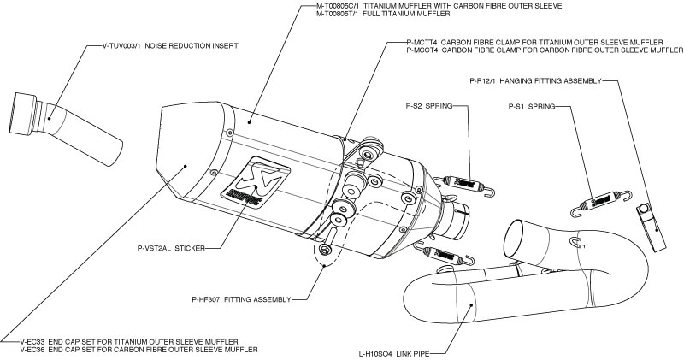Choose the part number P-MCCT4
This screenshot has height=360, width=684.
pyautogui.click(x=425, y=50)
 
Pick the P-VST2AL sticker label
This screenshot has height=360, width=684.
pyautogui.click(x=169, y=251)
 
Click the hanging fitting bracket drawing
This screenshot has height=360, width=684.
pyautogui.click(x=651, y=227)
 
